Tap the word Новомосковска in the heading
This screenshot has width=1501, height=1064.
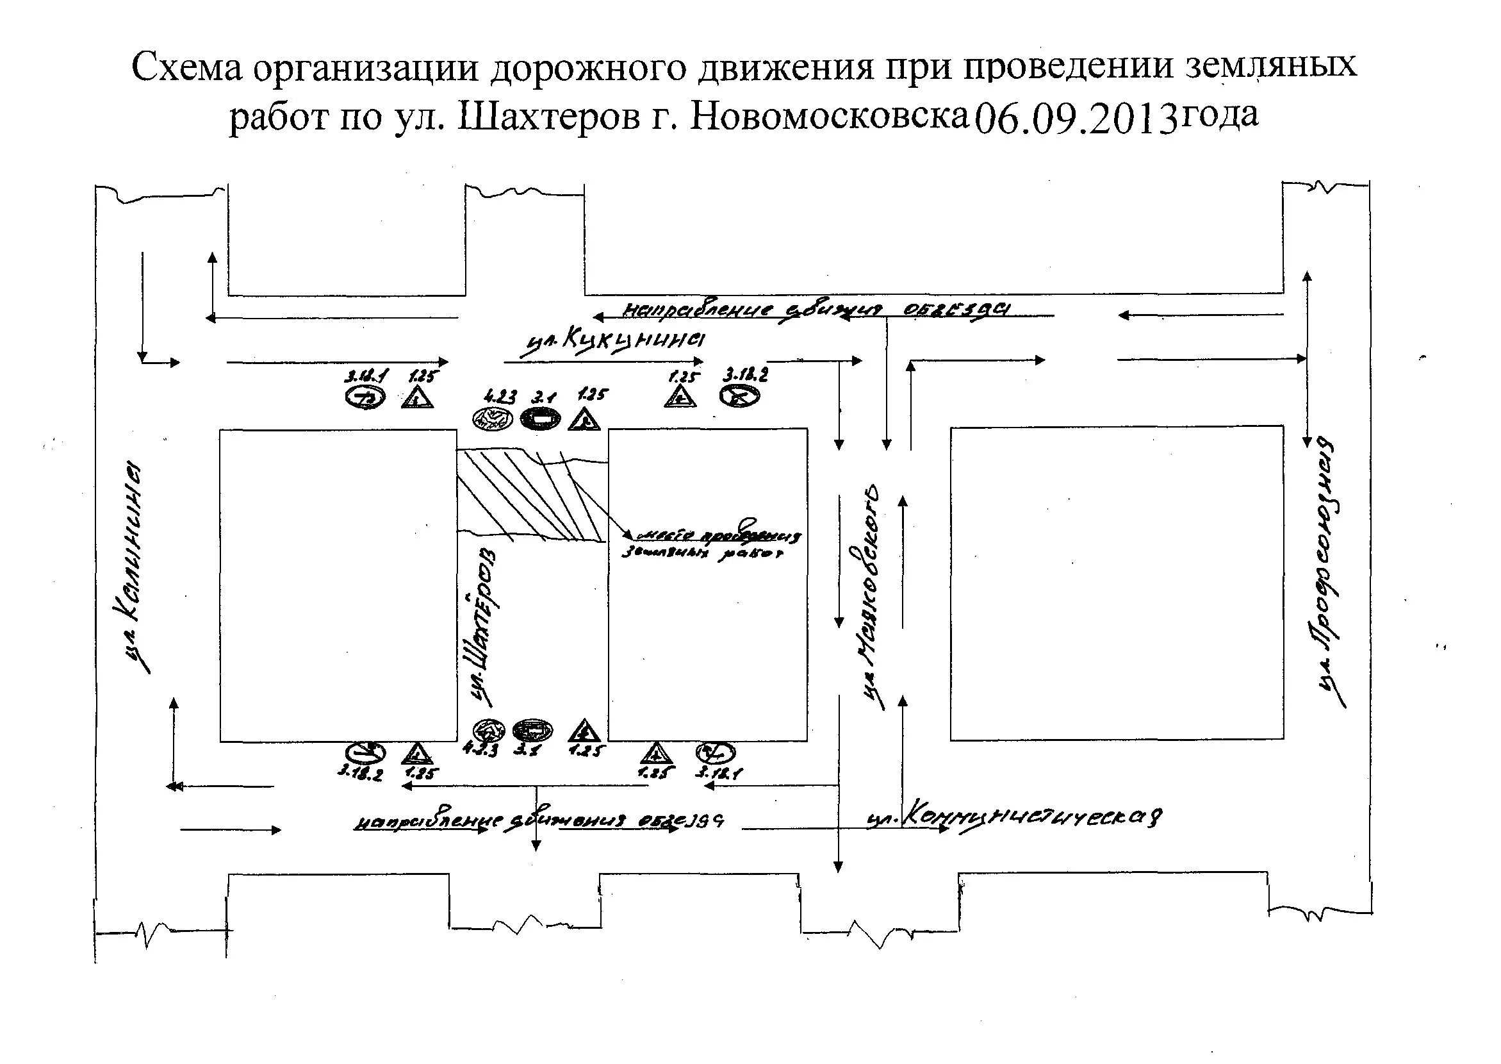[829, 117]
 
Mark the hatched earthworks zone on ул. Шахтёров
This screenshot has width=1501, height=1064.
[530, 495]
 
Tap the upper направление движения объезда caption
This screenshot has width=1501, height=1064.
[816, 311]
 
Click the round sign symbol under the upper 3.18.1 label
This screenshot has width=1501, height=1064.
[365, 397]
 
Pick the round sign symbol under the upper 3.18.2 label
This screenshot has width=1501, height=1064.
[739, 395]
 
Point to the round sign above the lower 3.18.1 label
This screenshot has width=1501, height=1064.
[715, 752]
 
